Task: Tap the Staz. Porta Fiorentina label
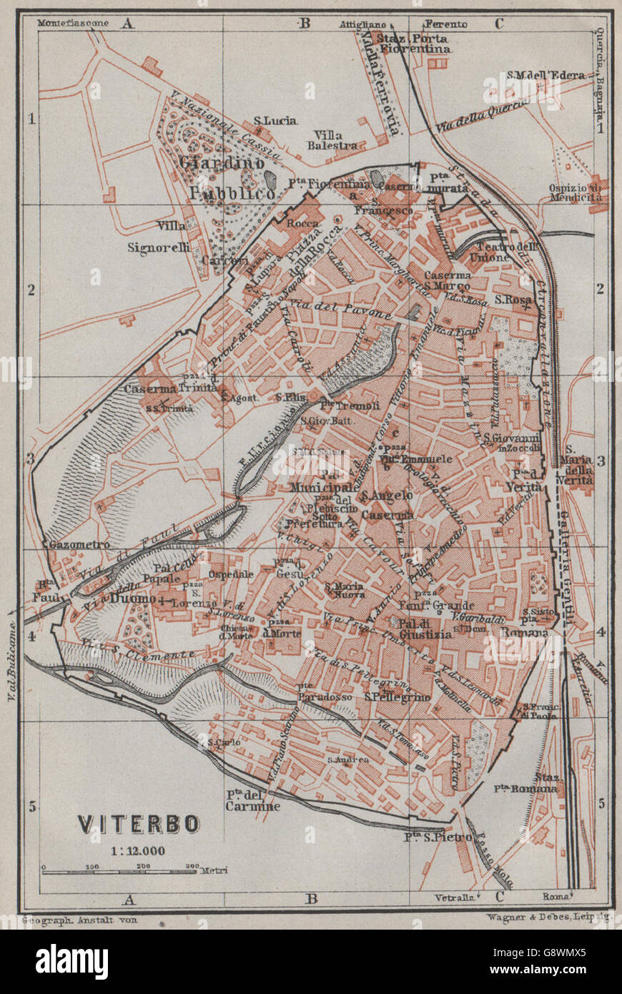[415, 44]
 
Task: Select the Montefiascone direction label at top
[74, 23]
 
